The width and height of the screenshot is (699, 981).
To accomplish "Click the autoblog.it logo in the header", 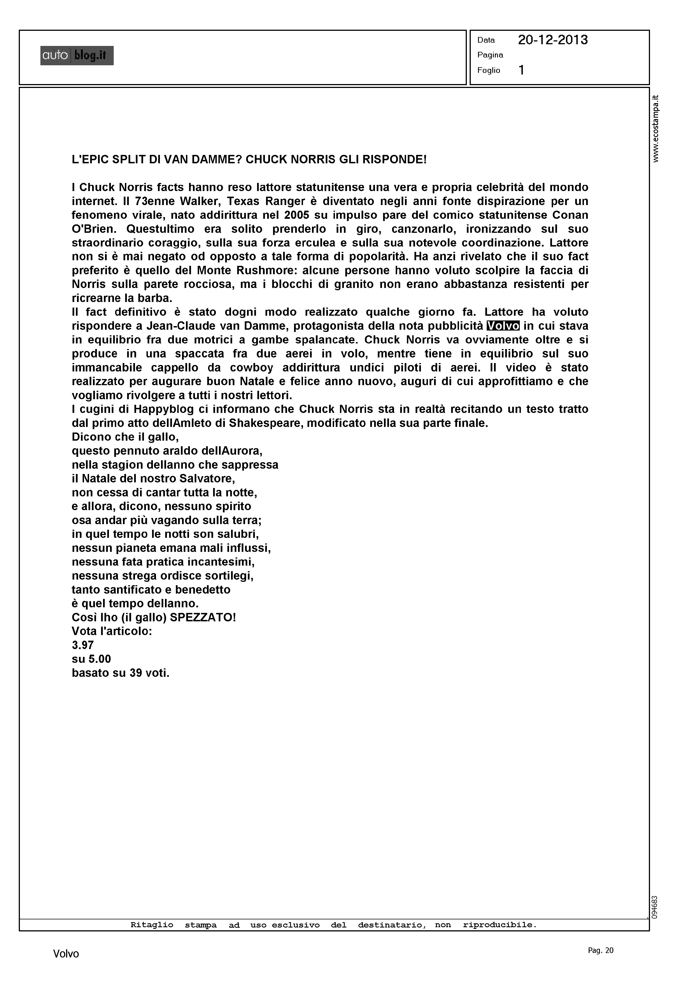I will [x=77, y=55].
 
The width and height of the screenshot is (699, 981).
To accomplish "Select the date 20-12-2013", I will [x=552, y=40].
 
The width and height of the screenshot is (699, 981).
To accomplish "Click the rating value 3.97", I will [x=83, y=645].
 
